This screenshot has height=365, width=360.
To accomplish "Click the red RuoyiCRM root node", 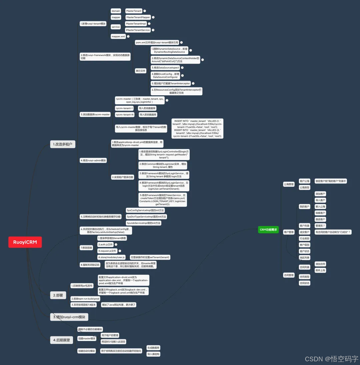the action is pyautogui.click(x=25, y=242).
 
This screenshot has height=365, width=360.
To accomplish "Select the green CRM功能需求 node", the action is pyautogui.click(x=268, y=229).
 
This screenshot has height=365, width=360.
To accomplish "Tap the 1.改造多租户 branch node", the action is pyautogui.click(x=63, y=144).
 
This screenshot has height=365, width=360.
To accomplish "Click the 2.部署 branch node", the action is pyautogui.click(x=58, y=295).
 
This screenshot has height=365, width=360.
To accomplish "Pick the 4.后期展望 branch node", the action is pyautogui.click(x=62, y=340).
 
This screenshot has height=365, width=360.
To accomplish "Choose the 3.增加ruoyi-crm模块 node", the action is pyautogui.click(x=69, y=317).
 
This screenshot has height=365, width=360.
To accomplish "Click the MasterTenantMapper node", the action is pyautogui.click(x=138, y=17).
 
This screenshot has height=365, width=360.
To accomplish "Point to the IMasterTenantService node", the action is pyautogui.click(x=138, y=30).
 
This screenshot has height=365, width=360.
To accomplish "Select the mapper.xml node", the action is pyautogui.click(x=118, y=36).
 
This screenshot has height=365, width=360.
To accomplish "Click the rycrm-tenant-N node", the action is pyautogui.click(x=124, y=115).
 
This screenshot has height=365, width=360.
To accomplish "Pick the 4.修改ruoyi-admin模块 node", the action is pyautogui.click(x=93, y=160).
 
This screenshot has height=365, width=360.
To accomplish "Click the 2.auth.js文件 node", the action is pyautogui.click(x=105, y=245).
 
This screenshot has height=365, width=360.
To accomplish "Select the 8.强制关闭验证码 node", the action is pyautogui.click(x=90, y=265).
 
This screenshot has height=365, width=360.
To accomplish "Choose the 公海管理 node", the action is pyautogui.click(x=289, y=184).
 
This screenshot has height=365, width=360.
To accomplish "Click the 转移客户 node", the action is pyautogui.click(x=320, y=213).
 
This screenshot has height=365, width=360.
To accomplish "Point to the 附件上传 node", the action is pyautogui.click(x=320, y=270).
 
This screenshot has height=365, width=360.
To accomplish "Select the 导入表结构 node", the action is pyautogui.click(x=153, y=354).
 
